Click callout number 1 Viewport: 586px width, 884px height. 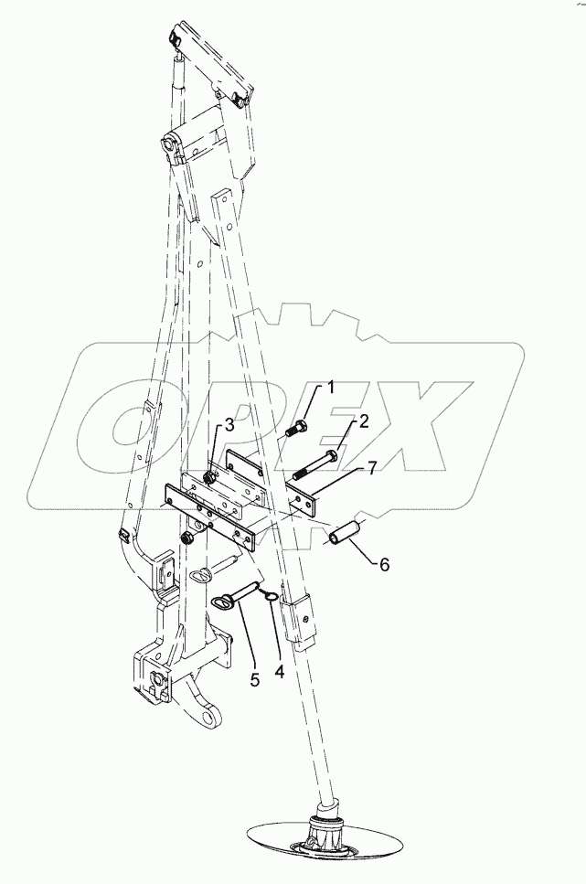coord(331,388)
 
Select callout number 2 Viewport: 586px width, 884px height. coord(362,422)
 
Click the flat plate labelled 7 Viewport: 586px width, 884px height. coord(307,502)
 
